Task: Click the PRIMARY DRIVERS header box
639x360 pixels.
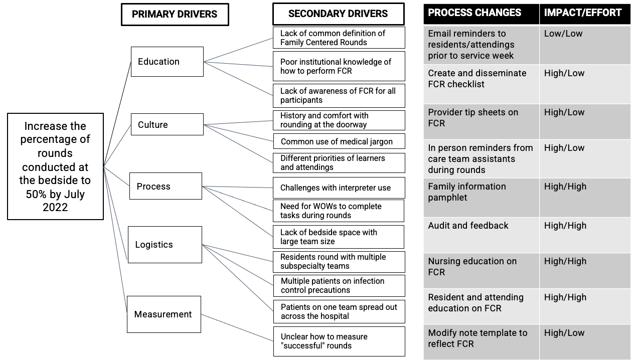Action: tap(175, 15)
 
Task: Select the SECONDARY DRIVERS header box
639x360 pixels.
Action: tap(339, 14)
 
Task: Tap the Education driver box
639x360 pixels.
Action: tap(167, 62)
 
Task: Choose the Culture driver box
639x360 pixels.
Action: tap(167, 124)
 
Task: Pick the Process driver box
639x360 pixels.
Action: tap(166, 186)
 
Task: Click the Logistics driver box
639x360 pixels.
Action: tap(165, 245)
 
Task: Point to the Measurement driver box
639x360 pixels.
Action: tap(164, 314)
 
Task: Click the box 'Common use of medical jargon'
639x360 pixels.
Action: tap(339, 141)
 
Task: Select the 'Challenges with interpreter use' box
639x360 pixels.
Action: tap(339, 188)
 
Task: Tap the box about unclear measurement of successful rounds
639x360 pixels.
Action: tap(339, 341)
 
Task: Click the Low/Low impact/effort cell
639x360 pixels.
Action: tap(585, 45)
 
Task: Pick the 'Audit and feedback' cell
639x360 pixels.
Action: tap(482, 235)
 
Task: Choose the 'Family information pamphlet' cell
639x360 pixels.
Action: tap(482, 198)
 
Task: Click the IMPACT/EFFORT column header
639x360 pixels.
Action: tap(585, 14)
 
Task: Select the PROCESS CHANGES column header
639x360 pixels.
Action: tap(482, 14)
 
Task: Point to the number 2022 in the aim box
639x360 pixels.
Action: tap(55, 208)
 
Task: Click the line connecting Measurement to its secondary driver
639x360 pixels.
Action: tap(237, 327)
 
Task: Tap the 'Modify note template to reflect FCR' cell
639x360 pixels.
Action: tap(482, 342)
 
